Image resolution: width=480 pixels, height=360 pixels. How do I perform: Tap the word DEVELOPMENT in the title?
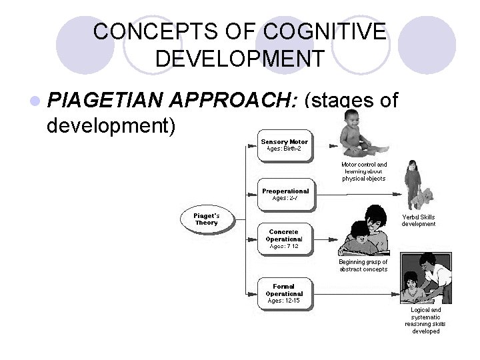click(240, 58)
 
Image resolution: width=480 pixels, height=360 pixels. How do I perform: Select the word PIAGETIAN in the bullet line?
click(106, 101)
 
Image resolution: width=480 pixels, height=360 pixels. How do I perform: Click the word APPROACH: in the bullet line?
click(233, 101)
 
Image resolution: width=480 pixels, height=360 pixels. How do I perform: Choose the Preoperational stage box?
click(285, 194)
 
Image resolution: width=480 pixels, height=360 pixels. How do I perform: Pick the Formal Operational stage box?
click(284, 293)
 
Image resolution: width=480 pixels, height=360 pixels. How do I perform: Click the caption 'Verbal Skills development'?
click(418, 221)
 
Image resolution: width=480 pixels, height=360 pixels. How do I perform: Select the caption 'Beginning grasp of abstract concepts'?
click(363, 265)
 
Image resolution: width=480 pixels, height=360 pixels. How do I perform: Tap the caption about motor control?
click(363, 171)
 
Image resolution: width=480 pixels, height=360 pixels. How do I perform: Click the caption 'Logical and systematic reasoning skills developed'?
click(425, 321)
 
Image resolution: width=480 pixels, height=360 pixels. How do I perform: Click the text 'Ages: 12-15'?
click(284, 301)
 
